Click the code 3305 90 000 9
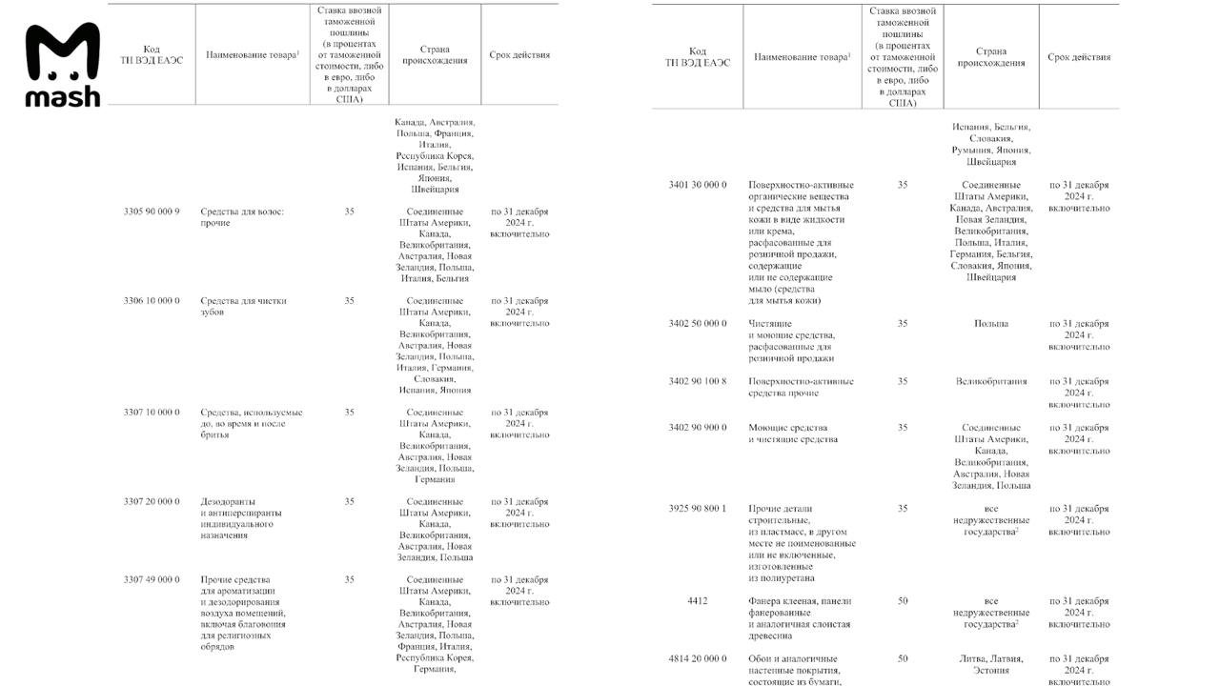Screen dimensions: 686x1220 click(x=152, y=212)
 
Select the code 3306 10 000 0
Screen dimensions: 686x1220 click(x=152, y=301)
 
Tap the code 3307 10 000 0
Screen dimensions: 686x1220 click(x=152, y=413)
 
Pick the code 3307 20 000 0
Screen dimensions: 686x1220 click(x=152, y=501)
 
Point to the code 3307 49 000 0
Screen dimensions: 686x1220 click(x=152, y=579)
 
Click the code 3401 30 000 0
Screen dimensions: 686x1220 click(x=698, y=185)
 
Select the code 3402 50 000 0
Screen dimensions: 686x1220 click(x=698, y=324)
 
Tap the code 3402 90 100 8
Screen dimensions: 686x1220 click(x=698, y=381)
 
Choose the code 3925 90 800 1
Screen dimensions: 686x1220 click(x=698, y=509)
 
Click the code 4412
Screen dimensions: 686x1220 click(x=698, y=601)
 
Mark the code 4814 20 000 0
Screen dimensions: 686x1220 click(x=698, y=658)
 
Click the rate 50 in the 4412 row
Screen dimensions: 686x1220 click(x=903, y=601)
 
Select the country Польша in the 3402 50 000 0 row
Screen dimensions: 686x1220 click(x=991, y=324)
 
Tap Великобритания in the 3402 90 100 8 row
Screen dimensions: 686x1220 click(x=991, y=381)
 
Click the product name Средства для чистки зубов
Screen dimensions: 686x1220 click(x=244, y=307)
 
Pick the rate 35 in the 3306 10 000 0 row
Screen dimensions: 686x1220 click(x=350, y=301)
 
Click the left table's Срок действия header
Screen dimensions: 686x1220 click(x=519, y=55)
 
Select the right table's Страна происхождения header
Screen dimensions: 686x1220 click(x=991, y=57)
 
